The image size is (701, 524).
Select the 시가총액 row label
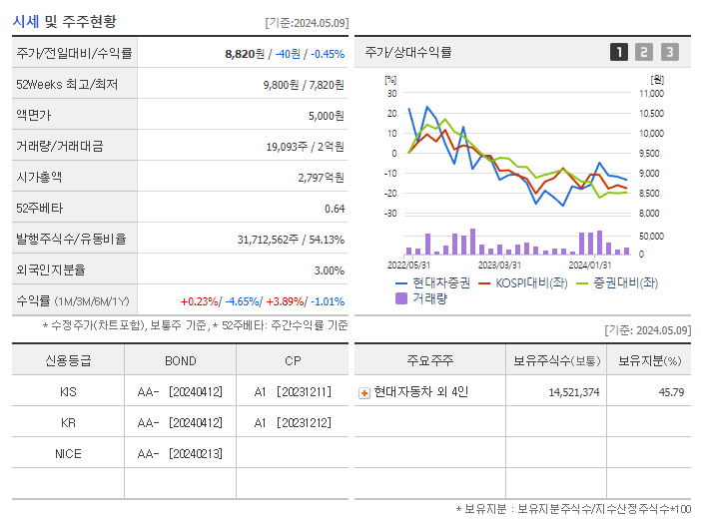tap(39, 178)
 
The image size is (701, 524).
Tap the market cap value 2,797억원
tap(321, 178)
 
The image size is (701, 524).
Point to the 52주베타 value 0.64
tap(335, 209)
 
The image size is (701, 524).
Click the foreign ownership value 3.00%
tap(329, 270)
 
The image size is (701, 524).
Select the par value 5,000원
tap(326, 116)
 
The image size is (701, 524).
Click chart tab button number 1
tap(619, 52)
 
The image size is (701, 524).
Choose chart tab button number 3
tap(669, 52)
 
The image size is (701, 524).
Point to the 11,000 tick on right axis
tap(650, 93)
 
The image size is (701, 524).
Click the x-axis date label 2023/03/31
tap(499, 264)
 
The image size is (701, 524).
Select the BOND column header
tap(180, 361)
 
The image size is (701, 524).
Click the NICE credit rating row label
tap(68, 454)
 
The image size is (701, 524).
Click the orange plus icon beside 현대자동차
tap(364, 393)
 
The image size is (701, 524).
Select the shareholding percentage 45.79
tap(670, 392)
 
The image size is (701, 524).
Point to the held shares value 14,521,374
tap(573, 392)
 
